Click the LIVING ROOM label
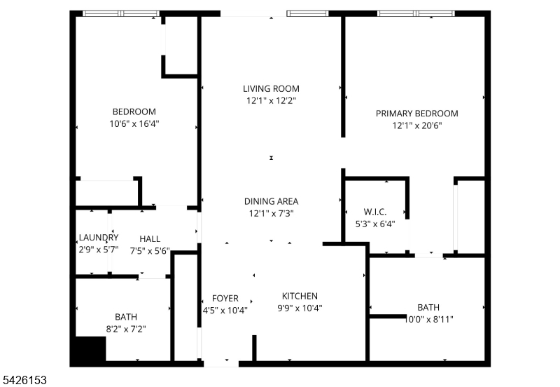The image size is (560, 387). coord(271,88)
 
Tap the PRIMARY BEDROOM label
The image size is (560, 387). coord(416,114)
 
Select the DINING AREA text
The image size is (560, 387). coord(271,201)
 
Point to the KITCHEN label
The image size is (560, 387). coord(300,296)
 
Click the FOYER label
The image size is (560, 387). coord(225,298)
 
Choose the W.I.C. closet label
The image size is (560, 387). coord(374,212)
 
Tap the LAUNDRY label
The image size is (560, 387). coord(98,238)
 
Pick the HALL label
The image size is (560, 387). coord(150,238)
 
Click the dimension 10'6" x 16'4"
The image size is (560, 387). coord(134,124)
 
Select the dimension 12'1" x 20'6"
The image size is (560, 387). coord(416,126)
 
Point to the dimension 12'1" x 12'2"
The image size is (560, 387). coord(271,101)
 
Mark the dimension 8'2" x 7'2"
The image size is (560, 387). coord(125,328)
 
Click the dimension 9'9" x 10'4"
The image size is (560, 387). coord(300,308)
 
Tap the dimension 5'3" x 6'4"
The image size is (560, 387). coord(374,225)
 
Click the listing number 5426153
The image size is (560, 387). coord(25,379)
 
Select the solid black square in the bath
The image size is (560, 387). coord(90,348)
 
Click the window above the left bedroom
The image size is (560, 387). coord(120,13)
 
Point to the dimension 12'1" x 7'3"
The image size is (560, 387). coord(271,213)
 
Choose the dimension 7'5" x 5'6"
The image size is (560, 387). coord(150,250)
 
